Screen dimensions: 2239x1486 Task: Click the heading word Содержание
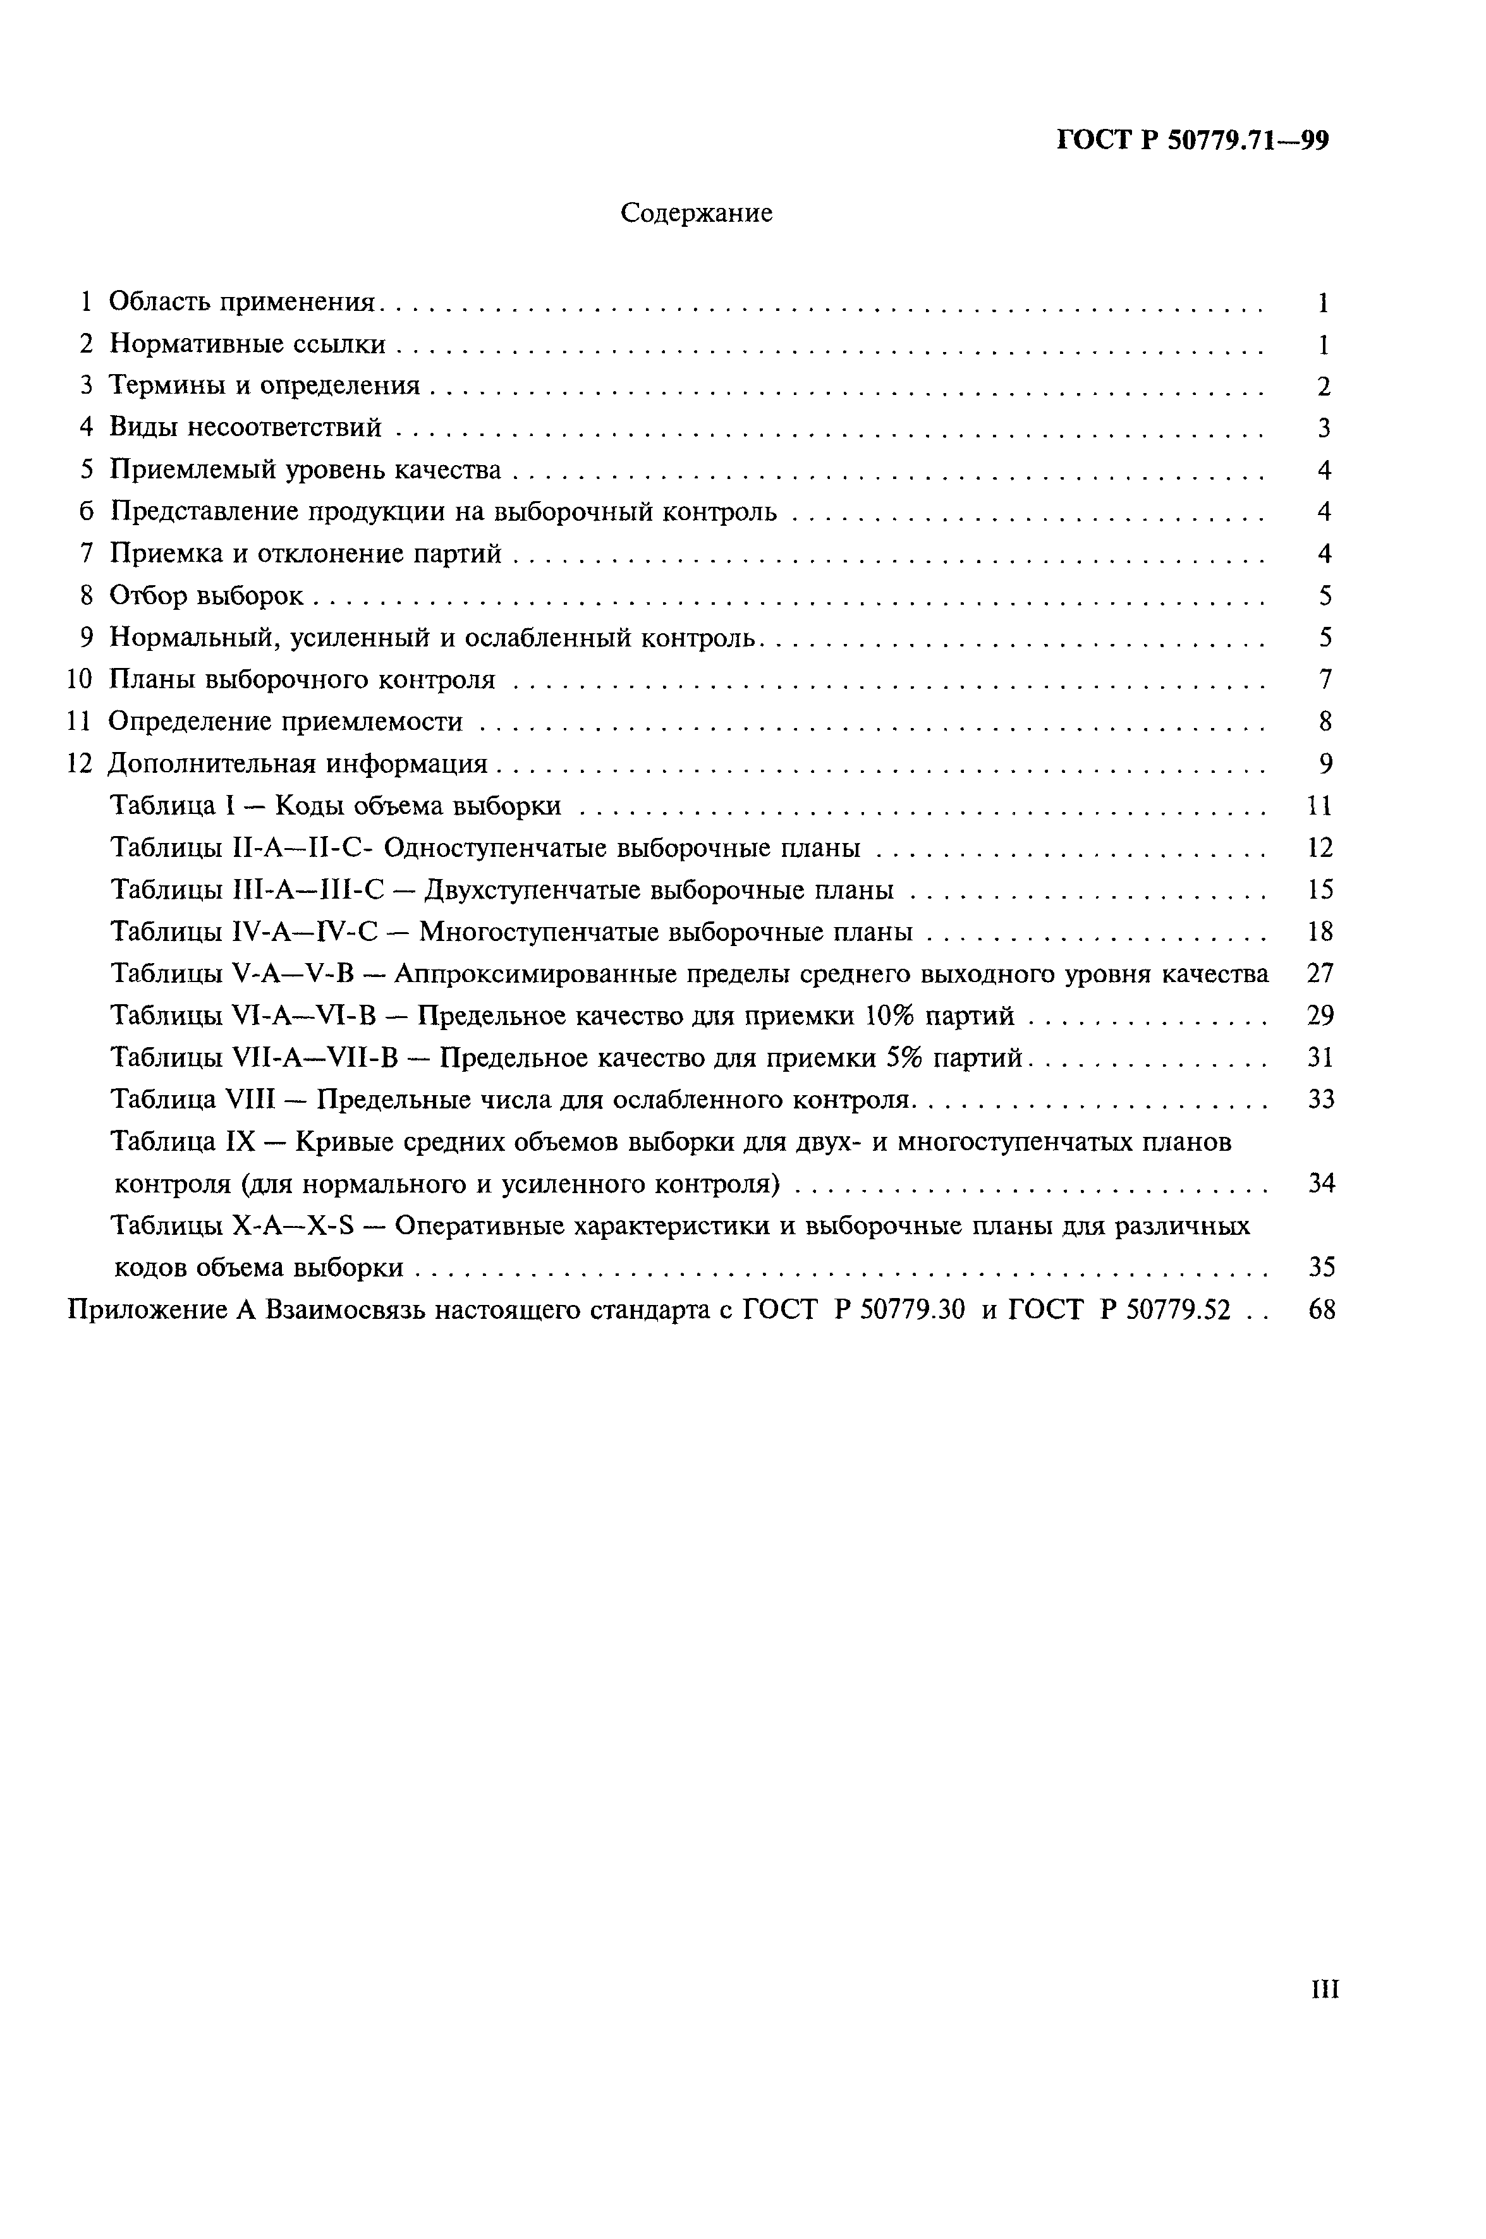tap(696, 213)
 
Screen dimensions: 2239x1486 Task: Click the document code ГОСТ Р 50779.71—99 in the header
tap(1192, 141)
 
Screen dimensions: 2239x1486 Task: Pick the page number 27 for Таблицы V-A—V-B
tap(1320, 974)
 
